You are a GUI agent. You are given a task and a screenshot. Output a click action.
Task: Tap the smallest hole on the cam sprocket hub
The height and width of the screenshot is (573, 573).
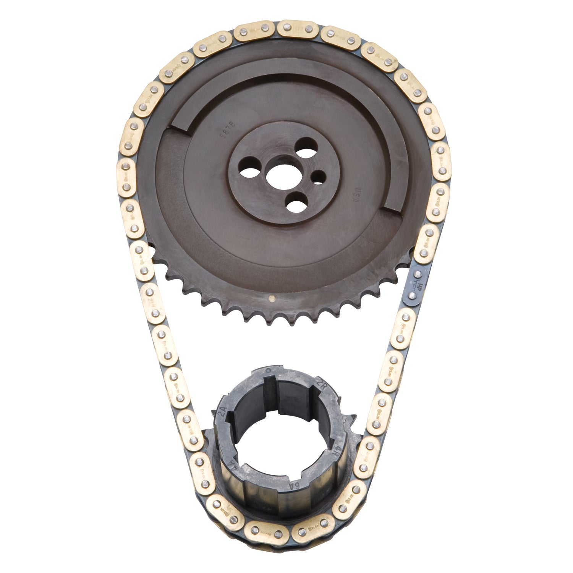318,176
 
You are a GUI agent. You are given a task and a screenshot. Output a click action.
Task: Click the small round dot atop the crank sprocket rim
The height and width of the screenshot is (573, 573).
270,370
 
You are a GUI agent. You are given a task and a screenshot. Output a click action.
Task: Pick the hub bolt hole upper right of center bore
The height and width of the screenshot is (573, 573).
306,147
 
